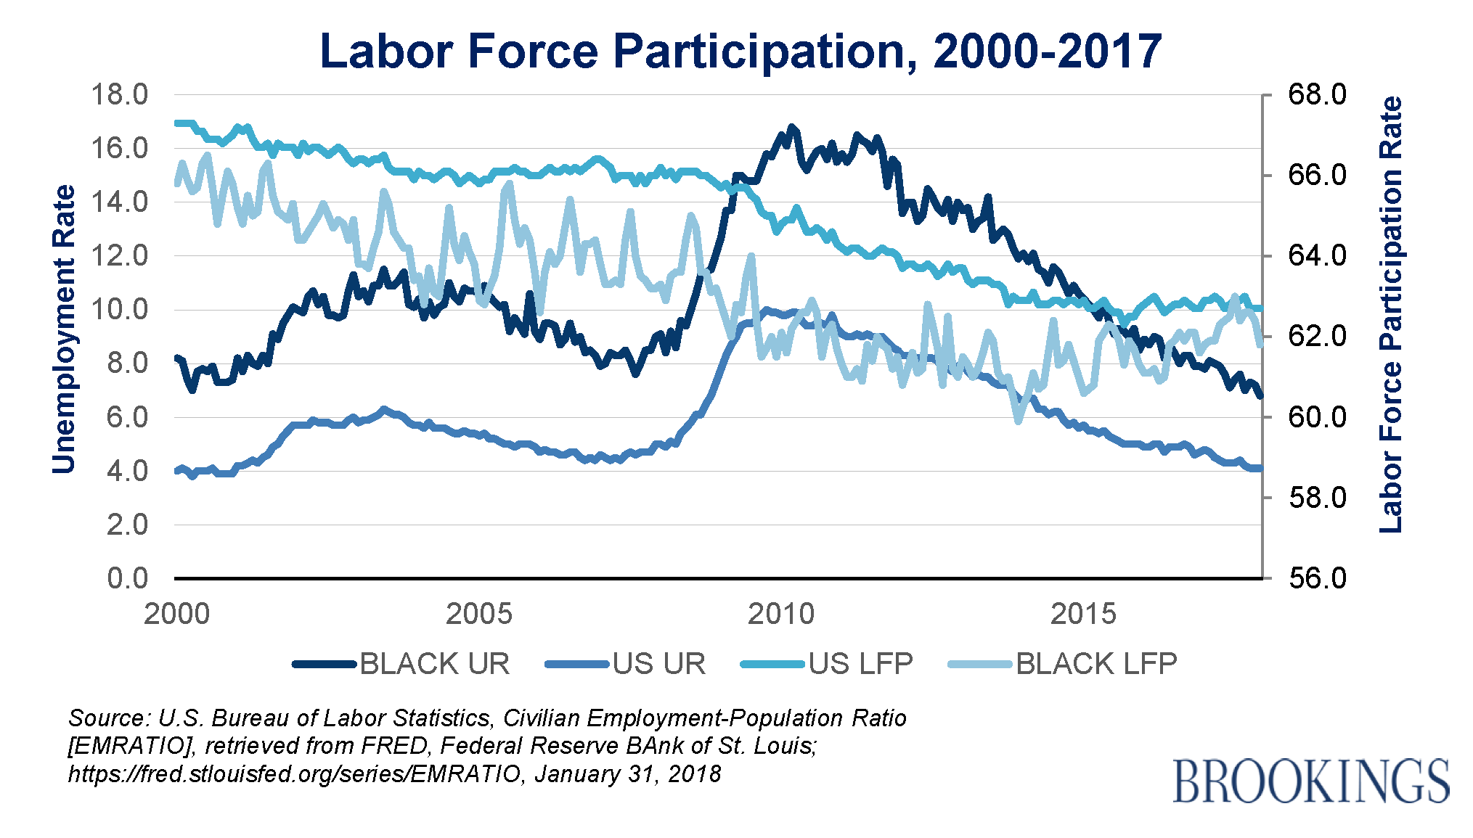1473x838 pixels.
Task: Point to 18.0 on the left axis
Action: [118, 94]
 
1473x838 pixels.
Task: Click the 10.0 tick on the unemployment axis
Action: [118, 310]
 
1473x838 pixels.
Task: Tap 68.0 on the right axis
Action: [1317, 94]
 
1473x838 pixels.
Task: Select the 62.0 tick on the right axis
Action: [1317, 336]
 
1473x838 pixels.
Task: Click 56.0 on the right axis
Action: [1317, 578]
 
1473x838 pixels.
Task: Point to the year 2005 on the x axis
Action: [478, 615]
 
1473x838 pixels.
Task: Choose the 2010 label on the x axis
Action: [781, 615]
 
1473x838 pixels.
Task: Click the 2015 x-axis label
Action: [1083, 615]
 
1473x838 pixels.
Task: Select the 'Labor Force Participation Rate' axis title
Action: [1390, 314]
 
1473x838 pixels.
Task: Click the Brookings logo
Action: [1311, 781]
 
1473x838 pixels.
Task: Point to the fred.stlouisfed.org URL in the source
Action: [295, 774]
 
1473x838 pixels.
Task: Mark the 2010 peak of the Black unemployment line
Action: [791, 128]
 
